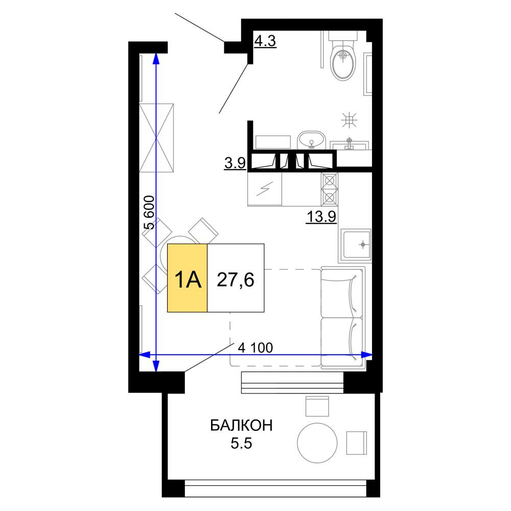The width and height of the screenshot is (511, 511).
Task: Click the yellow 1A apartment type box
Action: (188, 278)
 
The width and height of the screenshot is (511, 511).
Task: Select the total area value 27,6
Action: (236, 280)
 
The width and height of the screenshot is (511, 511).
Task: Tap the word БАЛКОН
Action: (242, 426)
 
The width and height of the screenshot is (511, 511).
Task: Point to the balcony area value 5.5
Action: (242, 443)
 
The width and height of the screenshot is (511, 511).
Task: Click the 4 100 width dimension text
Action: (255, 347)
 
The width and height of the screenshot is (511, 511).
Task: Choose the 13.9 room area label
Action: (321, 216)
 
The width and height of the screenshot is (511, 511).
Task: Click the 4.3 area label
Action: (265, 41)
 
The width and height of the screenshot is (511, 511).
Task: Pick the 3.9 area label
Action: (235, 163)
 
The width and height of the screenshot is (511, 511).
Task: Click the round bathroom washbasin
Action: (311, 140)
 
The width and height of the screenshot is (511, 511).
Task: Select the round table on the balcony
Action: (317, 443)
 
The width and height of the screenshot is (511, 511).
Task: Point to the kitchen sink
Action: (356, 245)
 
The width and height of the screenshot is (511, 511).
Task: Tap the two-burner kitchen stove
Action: (330, 189)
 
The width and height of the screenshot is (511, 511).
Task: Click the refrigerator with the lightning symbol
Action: (265, 189)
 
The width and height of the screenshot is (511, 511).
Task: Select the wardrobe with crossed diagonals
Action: (156, 138)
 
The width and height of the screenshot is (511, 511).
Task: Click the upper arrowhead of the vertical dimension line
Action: (156, 58)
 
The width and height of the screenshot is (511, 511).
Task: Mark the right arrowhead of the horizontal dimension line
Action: (367, 355)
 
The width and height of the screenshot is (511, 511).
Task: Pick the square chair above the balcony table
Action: (317, 406)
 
